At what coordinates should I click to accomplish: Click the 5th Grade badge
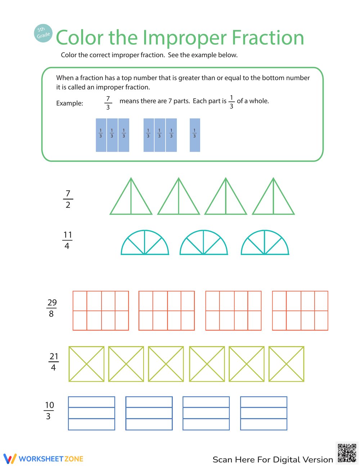43,33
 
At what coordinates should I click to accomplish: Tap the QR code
347,453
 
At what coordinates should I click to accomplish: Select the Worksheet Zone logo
44,458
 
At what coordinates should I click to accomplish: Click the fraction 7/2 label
68,199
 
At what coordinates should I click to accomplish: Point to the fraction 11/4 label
67,240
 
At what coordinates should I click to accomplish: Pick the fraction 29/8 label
52,308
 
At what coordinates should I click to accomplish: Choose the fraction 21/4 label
54,362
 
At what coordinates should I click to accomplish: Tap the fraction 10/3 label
49,411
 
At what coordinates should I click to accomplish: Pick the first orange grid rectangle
101,310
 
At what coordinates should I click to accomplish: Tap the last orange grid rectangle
300,310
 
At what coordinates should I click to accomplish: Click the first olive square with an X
86,364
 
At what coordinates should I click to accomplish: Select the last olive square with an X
286,364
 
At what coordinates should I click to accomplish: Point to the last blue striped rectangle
264,413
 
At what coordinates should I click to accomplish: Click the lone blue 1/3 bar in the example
195,135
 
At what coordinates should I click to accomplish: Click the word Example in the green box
69,103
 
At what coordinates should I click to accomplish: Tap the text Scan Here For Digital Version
273,460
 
